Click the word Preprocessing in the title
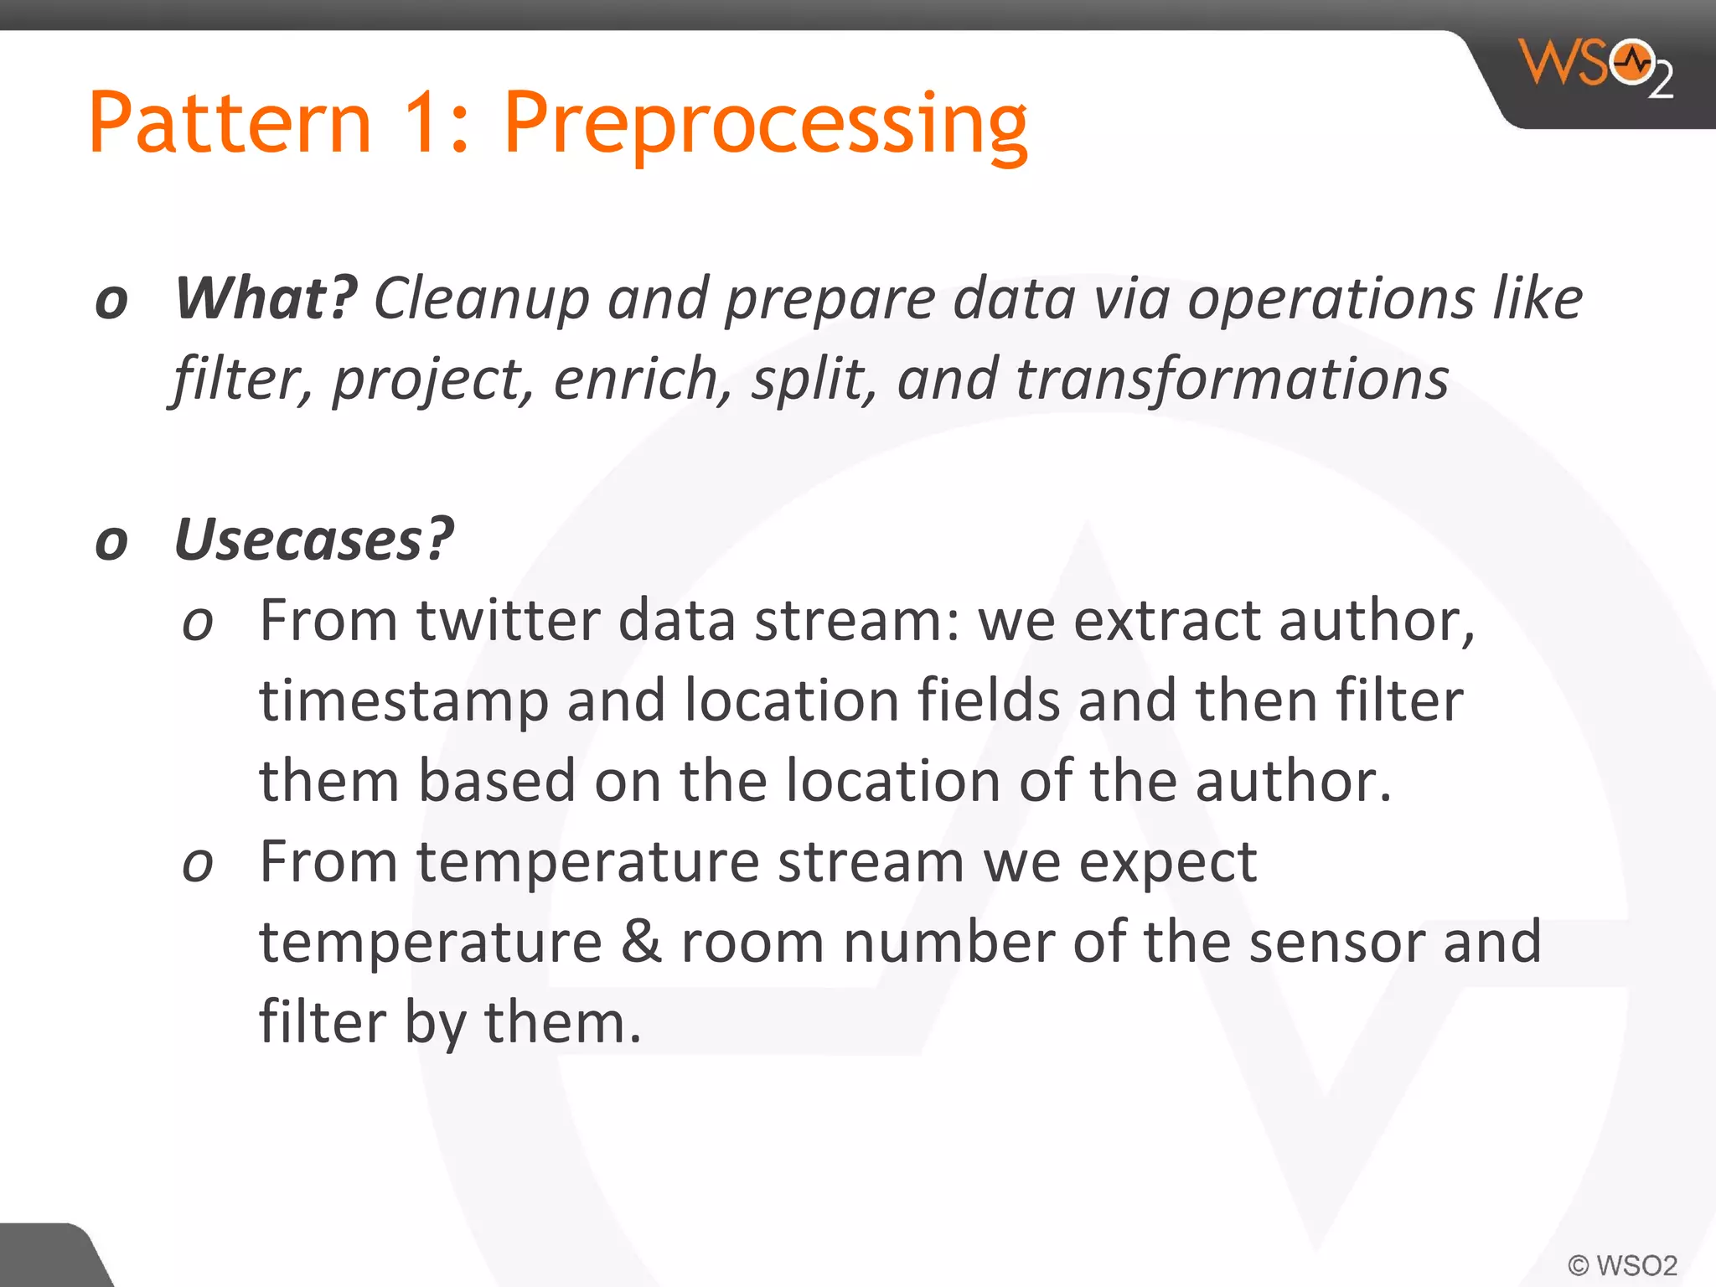(764, 126)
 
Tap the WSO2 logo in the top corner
(1596, 67)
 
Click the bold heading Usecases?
(314, 540)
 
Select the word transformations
(1232, 380)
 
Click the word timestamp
(404, 702)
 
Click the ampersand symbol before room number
(641, 942)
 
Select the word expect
(1167, 863)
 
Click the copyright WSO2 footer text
(1623, 1264)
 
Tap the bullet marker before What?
(111, 302)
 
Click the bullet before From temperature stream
(198, 864)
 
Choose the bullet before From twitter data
(198, 623)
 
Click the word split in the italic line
(808, 380)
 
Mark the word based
(497, 781)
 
